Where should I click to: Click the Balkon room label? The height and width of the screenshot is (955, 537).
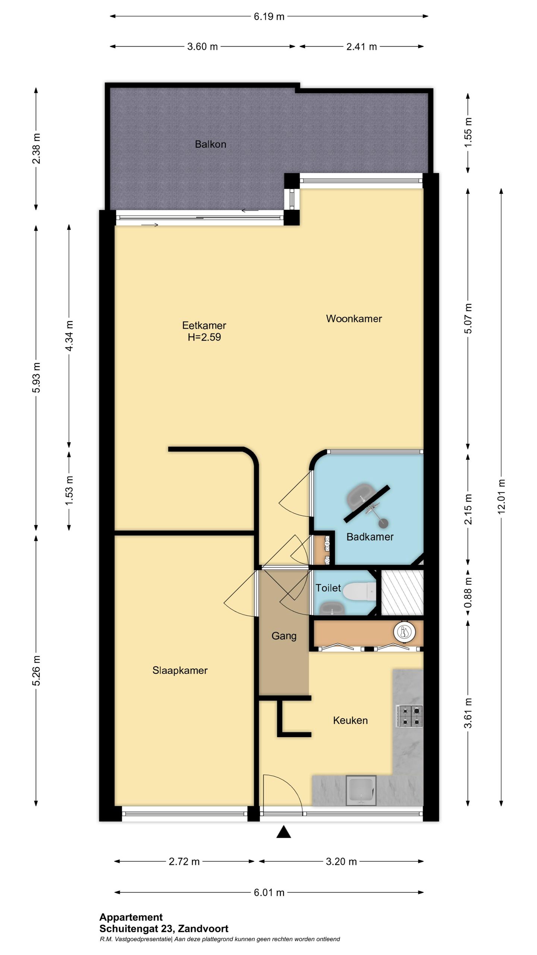(x=210, y=144)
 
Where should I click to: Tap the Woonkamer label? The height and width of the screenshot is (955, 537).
(x=354, y=319)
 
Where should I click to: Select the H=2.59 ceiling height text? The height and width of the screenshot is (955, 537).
(x=204, y=337)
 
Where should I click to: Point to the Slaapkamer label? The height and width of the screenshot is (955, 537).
(x=180, y=670)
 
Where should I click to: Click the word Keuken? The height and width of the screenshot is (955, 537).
(x=350, y=720)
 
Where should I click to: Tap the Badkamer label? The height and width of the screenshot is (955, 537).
(x=370, y=537)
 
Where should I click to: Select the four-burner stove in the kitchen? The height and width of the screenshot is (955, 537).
(x=409, y=716)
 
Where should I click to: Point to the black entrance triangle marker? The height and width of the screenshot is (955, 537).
(x=283, y=832)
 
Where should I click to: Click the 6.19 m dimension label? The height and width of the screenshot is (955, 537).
(x=269, y=16)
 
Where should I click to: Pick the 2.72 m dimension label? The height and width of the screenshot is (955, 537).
(x=184, y=862)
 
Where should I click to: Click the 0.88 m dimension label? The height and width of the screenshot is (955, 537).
(x=468, y=592)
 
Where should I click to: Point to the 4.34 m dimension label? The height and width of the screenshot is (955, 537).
(x=69, y=335)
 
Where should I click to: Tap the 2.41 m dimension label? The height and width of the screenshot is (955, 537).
(x=361, y=47)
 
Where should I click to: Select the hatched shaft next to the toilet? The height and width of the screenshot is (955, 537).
(x=402, y=592)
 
